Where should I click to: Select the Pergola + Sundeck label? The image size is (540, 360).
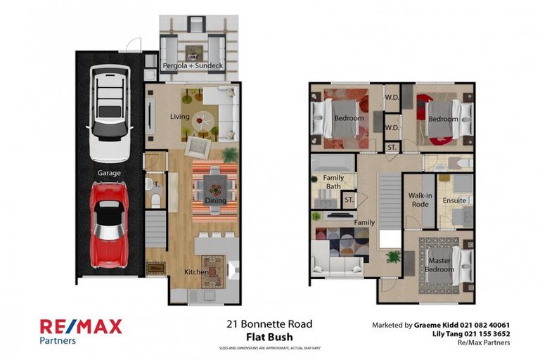(192, 66)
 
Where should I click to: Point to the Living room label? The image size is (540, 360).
(181, 117)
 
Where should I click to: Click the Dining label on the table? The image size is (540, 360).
(214, 200)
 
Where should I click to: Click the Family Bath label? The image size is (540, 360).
(333, 183)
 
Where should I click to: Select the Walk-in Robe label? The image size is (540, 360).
(419, 200)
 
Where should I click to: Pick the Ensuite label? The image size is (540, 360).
(455, 201)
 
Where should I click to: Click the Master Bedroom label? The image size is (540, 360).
(439, 265)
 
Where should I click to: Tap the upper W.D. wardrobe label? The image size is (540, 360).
(392, 97)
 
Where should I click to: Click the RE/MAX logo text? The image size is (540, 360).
(81, 326)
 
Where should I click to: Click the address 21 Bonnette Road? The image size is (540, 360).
(269, 324)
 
